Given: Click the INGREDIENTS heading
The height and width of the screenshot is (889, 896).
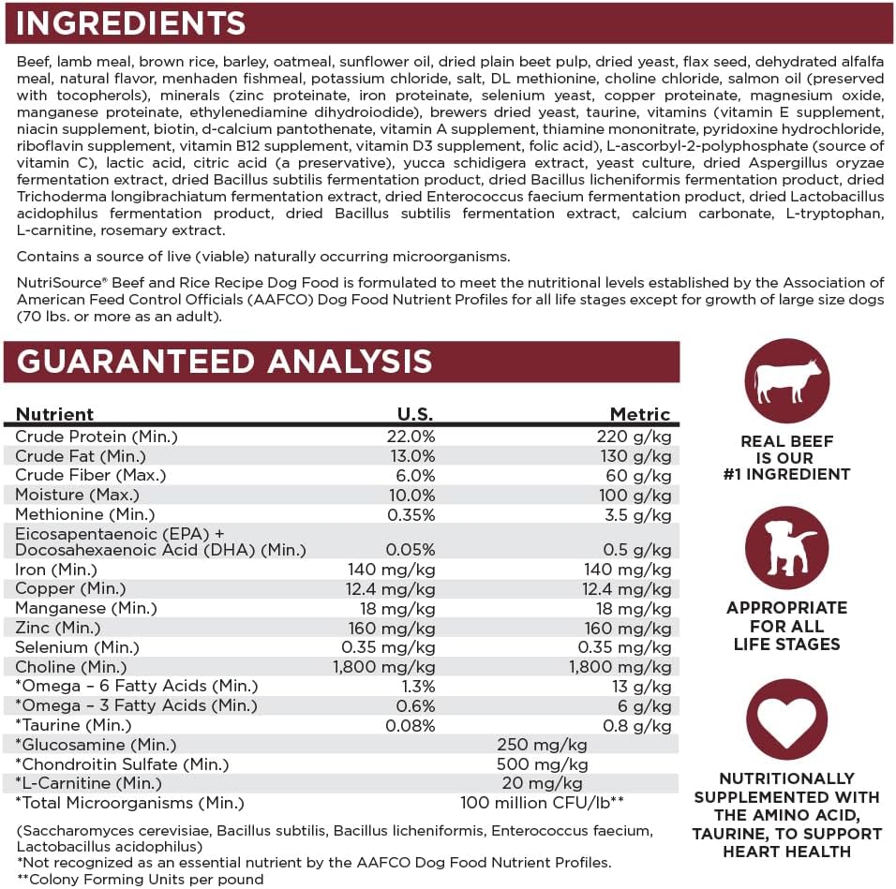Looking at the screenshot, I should (x=131, y=22).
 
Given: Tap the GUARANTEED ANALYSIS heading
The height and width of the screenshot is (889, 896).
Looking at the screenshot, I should (x=225, y=362).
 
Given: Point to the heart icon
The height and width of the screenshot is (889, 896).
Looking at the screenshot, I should (x=786, y=721).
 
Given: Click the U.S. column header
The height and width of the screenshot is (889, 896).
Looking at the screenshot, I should (x=416, y=414).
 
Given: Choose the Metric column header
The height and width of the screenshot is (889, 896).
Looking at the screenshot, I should (x=640, y=414).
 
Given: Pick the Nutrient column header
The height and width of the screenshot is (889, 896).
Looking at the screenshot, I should (x=55, y=414).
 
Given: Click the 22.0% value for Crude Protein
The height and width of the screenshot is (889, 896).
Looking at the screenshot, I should (x=411, y=437).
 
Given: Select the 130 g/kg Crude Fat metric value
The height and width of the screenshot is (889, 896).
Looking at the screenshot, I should (x=636, y=456).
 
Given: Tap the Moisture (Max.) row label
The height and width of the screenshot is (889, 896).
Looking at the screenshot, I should (x=78, y=495).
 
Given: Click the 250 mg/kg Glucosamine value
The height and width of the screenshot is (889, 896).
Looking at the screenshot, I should (x=542, y=745).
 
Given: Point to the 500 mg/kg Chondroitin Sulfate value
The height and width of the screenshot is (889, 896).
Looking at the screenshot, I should (x=542, y=763).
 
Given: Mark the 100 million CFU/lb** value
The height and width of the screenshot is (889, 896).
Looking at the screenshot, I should (x=543, y=803).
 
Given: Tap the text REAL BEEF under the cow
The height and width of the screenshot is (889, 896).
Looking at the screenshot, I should (x=786, y=441).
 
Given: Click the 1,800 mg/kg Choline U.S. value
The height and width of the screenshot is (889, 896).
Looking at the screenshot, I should (x=384, y=667).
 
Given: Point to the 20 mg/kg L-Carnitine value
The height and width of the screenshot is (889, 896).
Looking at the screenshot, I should (x=542, y=783).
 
